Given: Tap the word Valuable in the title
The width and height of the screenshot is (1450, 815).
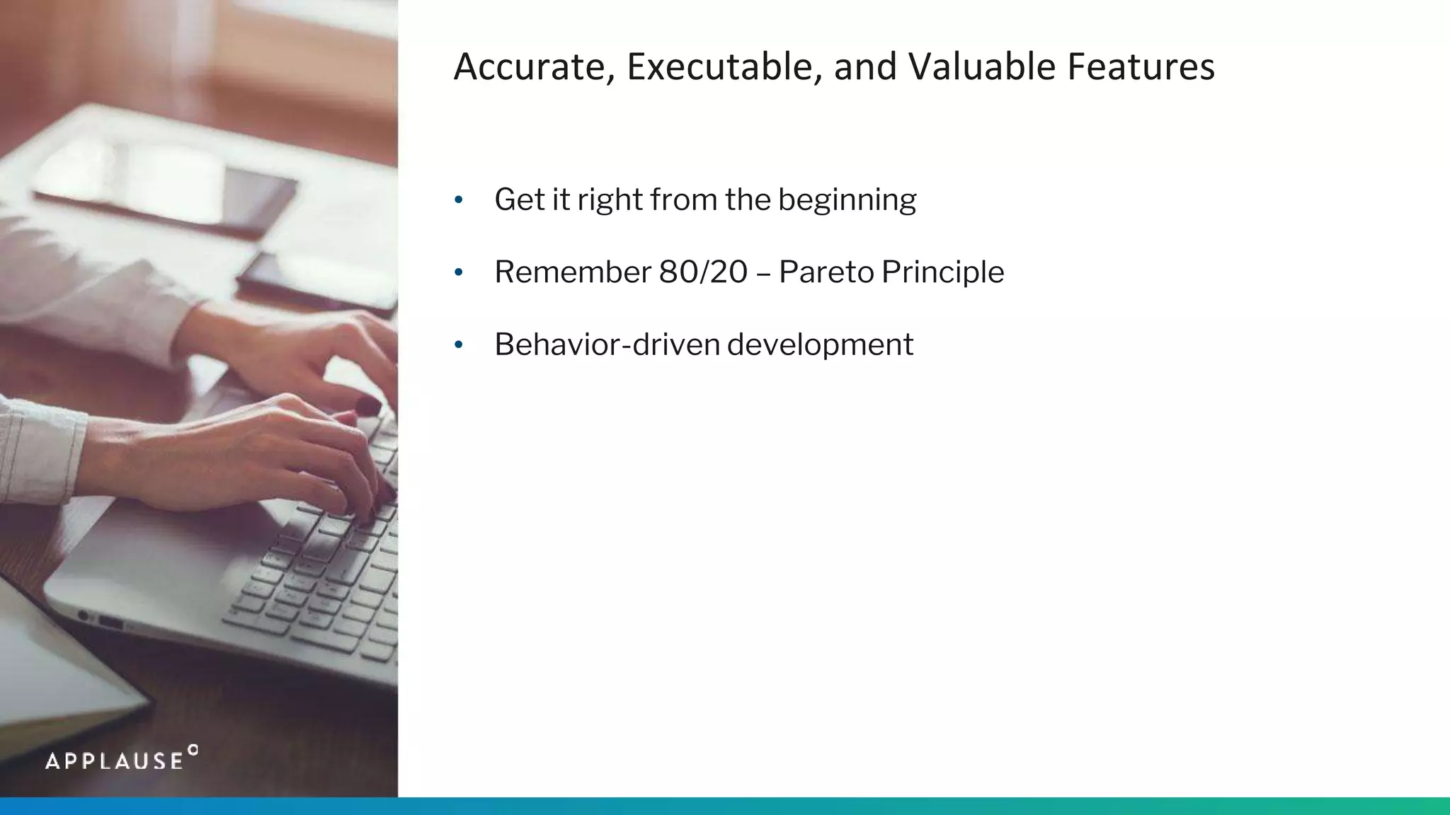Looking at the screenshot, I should tap(982, 67).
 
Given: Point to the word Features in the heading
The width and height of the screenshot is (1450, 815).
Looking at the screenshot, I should tap(1141, 67).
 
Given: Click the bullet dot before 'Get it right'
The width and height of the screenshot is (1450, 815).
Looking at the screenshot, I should tap(459, 200).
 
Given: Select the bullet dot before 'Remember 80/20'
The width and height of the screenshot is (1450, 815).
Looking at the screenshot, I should tap(459, 272).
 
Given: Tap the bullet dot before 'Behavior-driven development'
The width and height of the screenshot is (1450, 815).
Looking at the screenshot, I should tap(459, 345).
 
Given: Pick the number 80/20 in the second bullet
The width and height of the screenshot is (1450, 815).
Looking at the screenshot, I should tap(702, 272).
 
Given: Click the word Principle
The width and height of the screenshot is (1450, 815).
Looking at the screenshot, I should tap(942, 272).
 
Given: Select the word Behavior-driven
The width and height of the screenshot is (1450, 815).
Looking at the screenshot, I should tap(607, 345).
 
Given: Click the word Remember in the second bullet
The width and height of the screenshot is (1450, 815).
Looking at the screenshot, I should tap(572, 272).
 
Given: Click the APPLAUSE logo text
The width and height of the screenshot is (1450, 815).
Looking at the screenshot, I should tap(115, 761).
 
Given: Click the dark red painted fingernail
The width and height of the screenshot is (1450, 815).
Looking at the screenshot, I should tap(368, 407).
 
